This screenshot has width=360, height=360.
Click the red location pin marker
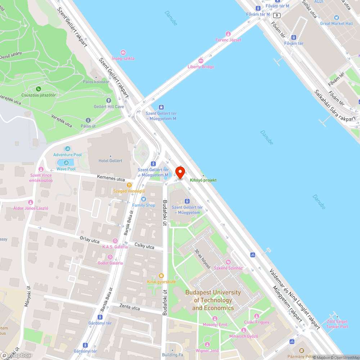point(180,172)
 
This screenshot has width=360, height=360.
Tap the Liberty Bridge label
point(201,67)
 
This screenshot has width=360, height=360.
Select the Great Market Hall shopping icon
point(337,17)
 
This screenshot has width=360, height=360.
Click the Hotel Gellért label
point(111,161)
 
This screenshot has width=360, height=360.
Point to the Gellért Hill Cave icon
point(109,100)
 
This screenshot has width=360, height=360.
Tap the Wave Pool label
point(67,169)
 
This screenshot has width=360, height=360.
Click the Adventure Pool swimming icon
point(68,149)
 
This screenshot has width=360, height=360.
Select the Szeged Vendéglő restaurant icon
point(129,185)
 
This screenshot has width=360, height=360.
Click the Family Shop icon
point(144,199)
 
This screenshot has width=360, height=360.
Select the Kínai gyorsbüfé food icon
point(161,275)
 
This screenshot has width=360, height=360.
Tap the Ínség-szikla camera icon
point(123,53)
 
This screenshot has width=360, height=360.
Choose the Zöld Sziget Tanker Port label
point(337,324)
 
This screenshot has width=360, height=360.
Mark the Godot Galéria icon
point(110,257)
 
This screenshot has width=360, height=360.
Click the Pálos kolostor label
point(96,82)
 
